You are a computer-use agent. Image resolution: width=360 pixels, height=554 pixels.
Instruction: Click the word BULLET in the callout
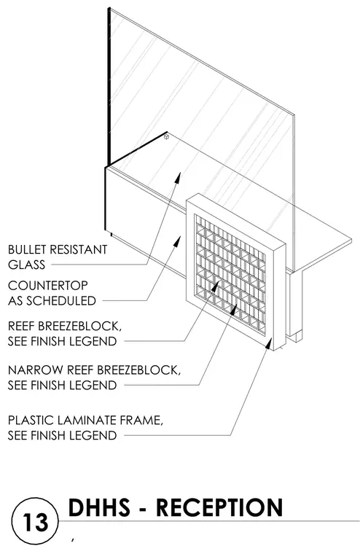pyautogui.click(x=27, y=249)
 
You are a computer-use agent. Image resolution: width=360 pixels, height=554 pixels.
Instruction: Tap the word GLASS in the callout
pyautogui.click(x=26, y=265)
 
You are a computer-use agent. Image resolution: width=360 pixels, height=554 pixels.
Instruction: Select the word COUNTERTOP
pyautogui.click(x=47, y=286)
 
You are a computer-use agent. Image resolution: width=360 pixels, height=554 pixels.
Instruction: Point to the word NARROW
pyautogui.click(x=35, y=370)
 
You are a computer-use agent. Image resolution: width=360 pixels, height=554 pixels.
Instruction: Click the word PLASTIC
pyautogui.click(x=31, y=421)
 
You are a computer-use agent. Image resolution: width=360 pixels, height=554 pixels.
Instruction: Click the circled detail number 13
pyautogui.click(x=35, y=521)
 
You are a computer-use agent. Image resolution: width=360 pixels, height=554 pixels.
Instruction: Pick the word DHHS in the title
pyautogui.click(x=99, y=508)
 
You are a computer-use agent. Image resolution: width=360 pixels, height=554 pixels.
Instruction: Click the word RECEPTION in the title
pyautogui.click(x=219, y=508)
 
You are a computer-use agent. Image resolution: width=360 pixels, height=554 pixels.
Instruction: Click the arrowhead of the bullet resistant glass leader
pyautogui.click(x=178, y=177)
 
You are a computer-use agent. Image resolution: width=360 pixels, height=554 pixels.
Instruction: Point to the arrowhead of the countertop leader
pyautogui.click(x=178, y=241)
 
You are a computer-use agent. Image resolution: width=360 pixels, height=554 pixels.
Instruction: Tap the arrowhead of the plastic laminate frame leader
pyautogui.click(x=269, y=343)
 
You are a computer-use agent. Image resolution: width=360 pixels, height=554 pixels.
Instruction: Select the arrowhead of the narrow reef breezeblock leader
pyautogui.click(x=233, y=308)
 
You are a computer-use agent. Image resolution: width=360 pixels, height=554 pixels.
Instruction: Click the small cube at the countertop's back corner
pyautogui.click(x=166, y=136)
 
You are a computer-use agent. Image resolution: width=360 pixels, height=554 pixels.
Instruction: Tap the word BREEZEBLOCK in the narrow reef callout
pyautogui.click(x=138, y=370)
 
